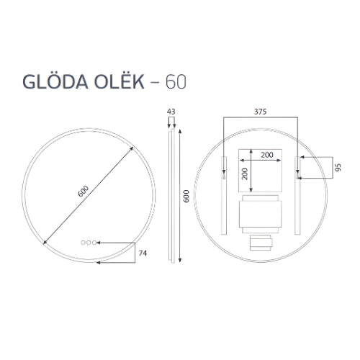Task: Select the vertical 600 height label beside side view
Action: pos(187,196)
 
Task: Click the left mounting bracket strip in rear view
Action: pos(225,194)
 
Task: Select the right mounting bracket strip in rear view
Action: pos(296,194)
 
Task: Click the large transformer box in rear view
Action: pos(260,214)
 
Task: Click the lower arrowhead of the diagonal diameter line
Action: pos(45,241)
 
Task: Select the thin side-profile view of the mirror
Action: pos(171,194)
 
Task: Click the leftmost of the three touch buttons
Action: pos(83,243)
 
